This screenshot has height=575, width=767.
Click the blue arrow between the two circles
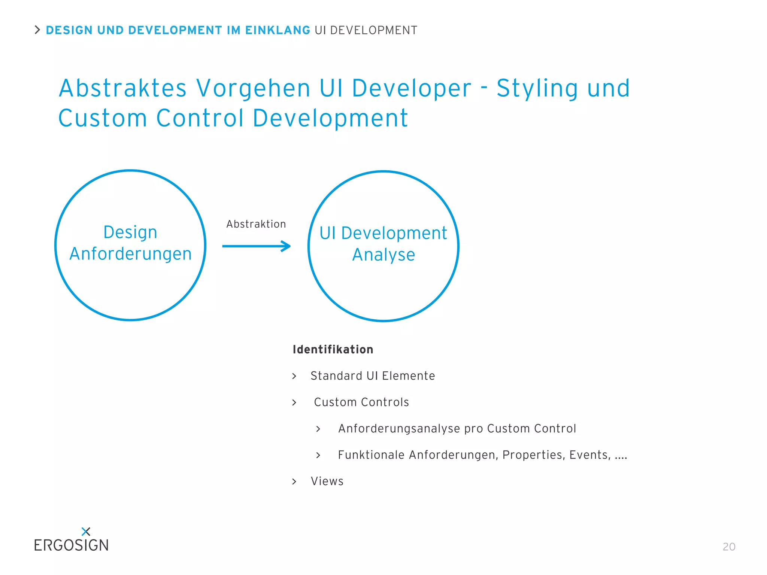pos(256,246)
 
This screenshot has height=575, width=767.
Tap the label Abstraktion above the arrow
pos(256,224)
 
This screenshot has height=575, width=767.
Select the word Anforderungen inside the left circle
pos(130,254)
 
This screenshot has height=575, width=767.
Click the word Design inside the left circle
pos(130,232)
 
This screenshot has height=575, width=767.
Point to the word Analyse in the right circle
pos(383,255)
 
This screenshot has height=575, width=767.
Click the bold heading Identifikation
pos(333,349)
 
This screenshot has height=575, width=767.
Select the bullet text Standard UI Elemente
pos(373,375)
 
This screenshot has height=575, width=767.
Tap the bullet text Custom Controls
pos(361,402)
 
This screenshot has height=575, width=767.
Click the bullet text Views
pos(327,481)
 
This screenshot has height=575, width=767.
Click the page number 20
pos(729,547)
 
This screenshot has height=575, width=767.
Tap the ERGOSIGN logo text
pos(71,545)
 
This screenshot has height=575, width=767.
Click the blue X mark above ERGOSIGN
pos(86,531)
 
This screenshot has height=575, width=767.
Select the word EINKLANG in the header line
pos(278,30)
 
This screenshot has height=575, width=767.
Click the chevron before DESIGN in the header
pos(37,30)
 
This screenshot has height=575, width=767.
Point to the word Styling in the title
pos(537,88)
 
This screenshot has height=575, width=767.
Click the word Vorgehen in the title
pos(254,88)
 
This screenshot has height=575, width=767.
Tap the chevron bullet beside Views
pos(294,481)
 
